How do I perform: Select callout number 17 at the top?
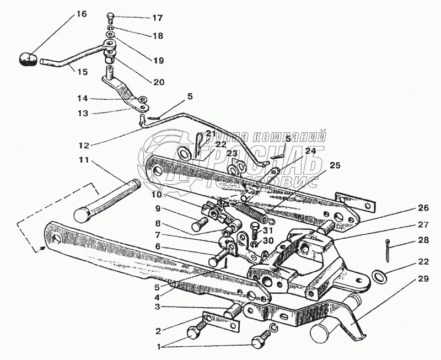(x=158, y=18)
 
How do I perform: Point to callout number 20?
(x=158, y=82)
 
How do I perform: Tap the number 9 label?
(x=157, y=209)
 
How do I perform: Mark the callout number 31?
(x=268, y=230)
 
